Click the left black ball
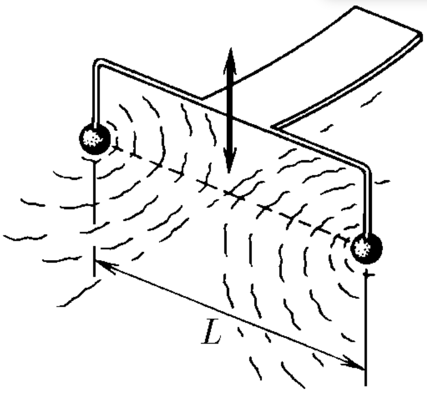pos(95,138)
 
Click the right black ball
pos(367,249)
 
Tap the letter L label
pos(211,331)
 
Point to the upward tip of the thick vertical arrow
pos(231,49)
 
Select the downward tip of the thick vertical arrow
pos(229,173)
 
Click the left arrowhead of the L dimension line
pos(95,261)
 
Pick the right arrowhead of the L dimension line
pos(364,369)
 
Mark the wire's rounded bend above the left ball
pos(97,63)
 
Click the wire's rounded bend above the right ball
pos(366,167)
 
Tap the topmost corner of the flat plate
pos(355,6)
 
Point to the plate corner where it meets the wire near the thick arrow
pos(202,98)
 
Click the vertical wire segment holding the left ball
pos(95,95)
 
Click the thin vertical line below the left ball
pos(94,217)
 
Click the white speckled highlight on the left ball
pos(92,138)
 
